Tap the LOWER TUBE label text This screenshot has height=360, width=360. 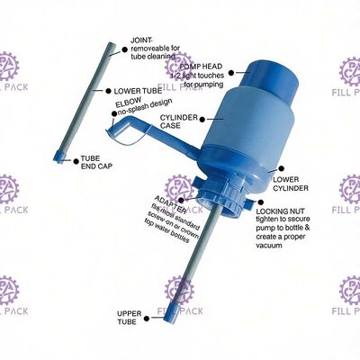138,91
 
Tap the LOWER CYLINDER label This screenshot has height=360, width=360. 290,183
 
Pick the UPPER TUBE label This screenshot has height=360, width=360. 130,317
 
